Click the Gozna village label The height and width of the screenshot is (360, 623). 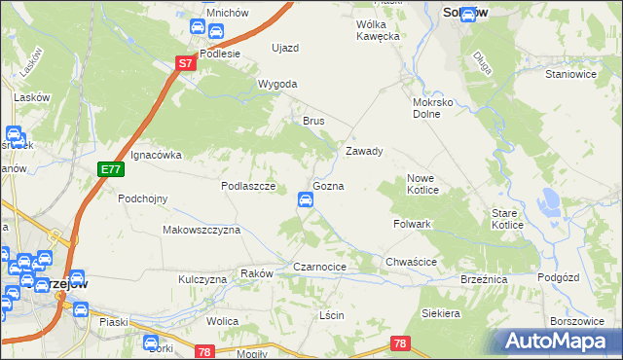[327, 185]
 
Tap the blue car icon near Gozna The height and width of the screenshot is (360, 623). [305, 200]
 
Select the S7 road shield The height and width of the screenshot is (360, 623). [187, 62]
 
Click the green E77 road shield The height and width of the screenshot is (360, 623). [111, 169]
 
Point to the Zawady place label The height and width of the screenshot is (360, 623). [364, 152]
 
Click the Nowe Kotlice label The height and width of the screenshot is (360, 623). [426, 184]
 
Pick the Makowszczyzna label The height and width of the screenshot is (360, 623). [201, 231]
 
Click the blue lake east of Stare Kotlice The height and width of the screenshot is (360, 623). [550, 201]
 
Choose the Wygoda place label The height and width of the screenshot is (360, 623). [276, 85]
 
